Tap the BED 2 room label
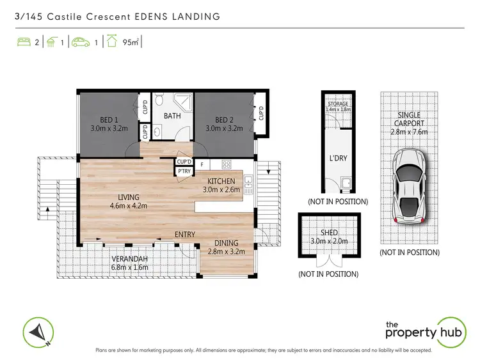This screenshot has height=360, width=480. [x=224, y=120]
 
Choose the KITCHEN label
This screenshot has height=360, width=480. [x=221, y=181]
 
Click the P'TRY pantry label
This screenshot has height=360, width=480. [x=184, y=171]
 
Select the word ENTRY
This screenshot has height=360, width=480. [x=184, y=235]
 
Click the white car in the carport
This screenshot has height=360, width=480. [x=409, y=186]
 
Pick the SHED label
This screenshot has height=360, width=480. [x=328, y=232]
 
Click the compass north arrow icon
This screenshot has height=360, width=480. [x=38, y=332]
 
